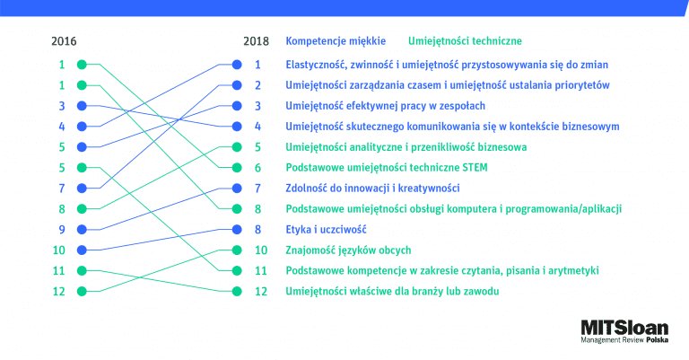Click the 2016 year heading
coord(64,41)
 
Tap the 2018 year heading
coord(257,41)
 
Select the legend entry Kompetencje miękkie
coord(336,41)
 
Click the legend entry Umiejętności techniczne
coord(465,41)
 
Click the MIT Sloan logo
coord(624,331)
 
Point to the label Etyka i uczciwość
coord(326,230)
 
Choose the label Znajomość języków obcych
coord(348,250)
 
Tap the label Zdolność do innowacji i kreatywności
coord(372,189)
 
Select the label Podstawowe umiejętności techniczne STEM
coord(387,168)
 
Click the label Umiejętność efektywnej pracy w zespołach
coord(386,106)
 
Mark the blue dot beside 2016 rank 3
coord(82,106)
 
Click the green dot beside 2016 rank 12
coord(82,292)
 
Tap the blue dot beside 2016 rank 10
coord(82,250)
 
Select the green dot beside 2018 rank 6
coord(237,168)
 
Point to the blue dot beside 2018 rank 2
coord(237,85)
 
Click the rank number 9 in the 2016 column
coord(62,230)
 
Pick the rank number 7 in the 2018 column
coord(258,189)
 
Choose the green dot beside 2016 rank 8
coord(82,209)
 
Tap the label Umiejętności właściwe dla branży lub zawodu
coord(392,292)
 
